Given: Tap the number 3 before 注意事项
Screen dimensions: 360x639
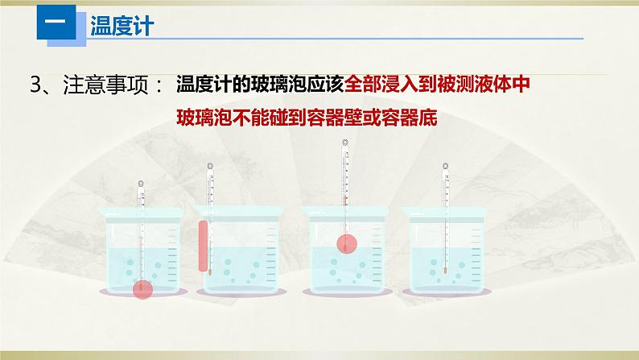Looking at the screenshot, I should [37, 85].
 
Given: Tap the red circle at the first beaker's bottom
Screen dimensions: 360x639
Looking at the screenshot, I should [143, 288].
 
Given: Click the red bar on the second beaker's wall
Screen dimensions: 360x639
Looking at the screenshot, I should [202, 246].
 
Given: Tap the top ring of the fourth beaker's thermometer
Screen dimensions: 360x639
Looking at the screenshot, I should [445, 167].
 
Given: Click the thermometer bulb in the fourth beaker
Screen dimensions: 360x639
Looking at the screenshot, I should [444, 271].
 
